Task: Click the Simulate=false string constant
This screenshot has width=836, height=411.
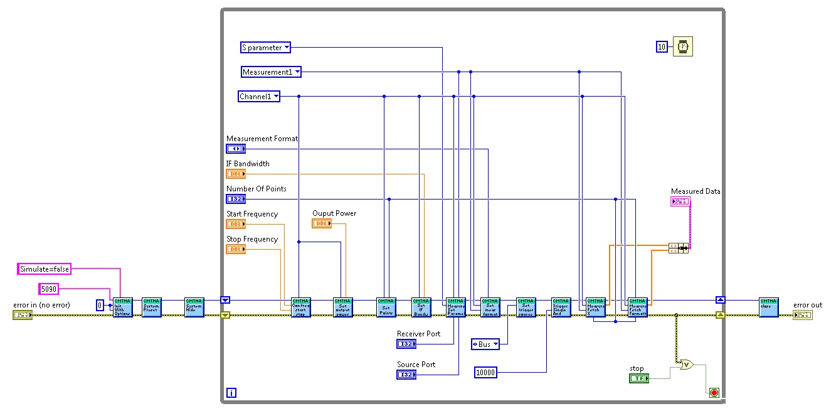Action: [44, 269]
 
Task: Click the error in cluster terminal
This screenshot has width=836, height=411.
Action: [23, 314]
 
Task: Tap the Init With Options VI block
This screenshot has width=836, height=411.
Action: [123, 307]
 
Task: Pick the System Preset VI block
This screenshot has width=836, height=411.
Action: [152, 307]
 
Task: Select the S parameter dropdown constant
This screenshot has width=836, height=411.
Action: [265, 47]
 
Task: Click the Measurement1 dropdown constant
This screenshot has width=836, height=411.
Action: [271, 72]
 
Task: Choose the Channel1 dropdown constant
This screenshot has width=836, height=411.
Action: [258, 97]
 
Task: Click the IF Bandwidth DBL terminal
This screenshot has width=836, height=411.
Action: [236, 174]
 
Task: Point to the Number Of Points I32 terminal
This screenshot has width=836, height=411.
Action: [236, 199]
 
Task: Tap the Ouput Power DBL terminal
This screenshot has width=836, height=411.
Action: [322, 223]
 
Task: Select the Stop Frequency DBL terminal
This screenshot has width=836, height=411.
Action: [236, 249]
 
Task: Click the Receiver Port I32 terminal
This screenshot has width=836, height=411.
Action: [406, 344]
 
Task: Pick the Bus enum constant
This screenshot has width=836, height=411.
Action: [485, 344]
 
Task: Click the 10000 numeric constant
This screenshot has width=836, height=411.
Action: [486, 373]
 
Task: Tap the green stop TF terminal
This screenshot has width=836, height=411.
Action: [639, 378]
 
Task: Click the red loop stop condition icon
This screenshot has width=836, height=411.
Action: [714, 393]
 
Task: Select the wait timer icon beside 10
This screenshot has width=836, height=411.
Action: [682, 46]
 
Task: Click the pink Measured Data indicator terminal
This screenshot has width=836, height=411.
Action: [680, 201]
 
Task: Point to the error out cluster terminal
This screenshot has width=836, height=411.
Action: [802, 314]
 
